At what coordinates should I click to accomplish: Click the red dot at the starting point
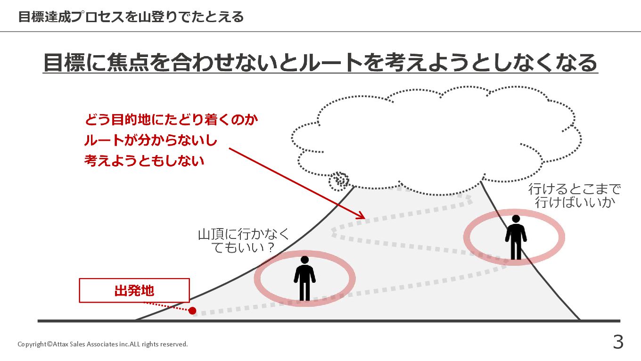(192, 311)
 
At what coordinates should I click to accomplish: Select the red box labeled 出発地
(134, 290)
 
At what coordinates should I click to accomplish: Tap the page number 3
(618, 342)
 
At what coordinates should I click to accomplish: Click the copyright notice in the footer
(102, 344)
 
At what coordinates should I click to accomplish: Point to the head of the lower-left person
(304, 260)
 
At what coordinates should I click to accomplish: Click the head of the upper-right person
(516, 219)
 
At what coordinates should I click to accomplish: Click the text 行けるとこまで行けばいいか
(575, 196)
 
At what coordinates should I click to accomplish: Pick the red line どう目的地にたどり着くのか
(172, 120)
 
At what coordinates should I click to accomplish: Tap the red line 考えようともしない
(144, 161)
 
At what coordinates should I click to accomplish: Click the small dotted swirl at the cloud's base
(339, 180)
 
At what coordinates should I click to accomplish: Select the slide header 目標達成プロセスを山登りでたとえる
(131, 17)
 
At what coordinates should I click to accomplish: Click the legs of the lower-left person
(304, 291)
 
